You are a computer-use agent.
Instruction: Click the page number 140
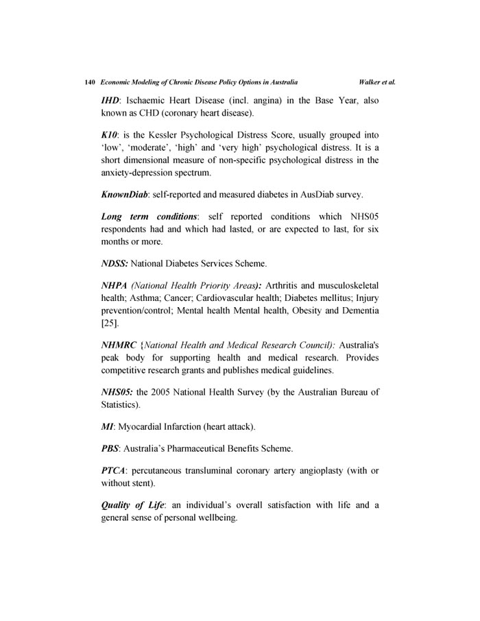(89, 82)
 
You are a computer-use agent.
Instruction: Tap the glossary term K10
(110, 136)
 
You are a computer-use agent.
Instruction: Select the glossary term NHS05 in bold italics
(117, 392)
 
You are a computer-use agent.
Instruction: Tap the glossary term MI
(108, 426)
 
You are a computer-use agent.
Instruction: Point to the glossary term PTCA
(114, 471)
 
